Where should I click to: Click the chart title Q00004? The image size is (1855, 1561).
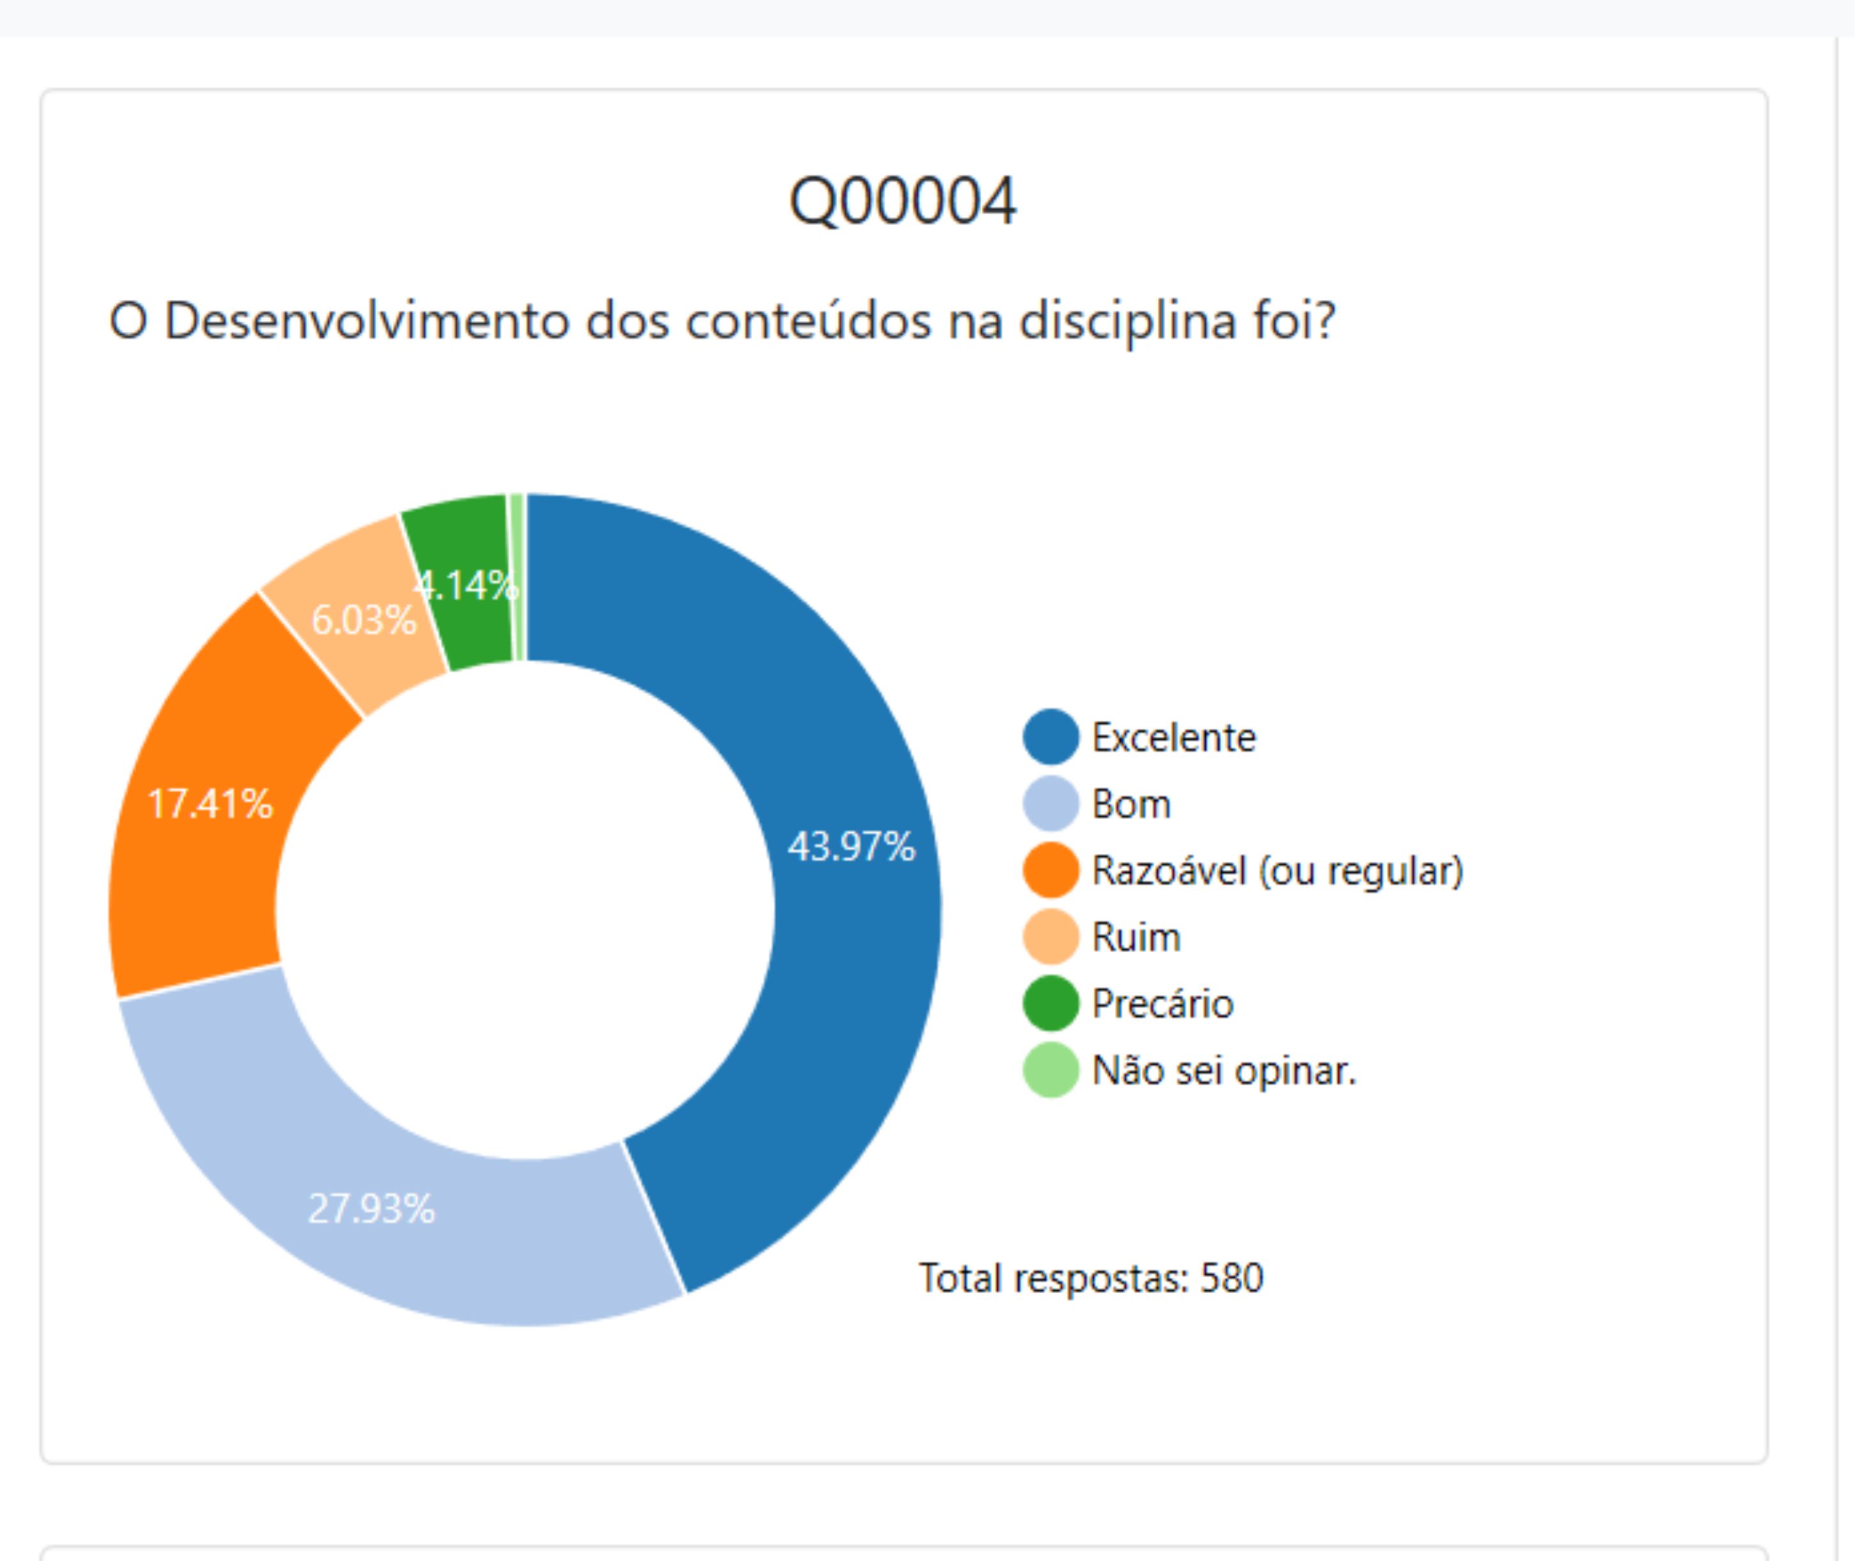click(903, 202)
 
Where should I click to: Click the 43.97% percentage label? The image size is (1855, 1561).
click(851, 847)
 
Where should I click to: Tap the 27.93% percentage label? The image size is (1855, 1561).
click(372, 1208)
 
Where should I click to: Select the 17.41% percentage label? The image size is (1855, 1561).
click(210, 804)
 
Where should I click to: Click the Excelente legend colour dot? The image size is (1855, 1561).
click(1051, 737)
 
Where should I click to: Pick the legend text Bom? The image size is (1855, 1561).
click(1132, 804)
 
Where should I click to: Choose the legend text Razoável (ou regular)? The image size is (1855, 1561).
click(1277, 871)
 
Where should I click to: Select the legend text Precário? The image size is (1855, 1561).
click(1162, 1004)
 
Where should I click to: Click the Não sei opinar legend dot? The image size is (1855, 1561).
click(1051, 1071)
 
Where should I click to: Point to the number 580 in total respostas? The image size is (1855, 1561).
click(1231, 1278)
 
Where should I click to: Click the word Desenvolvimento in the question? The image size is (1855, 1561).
click(367, 321)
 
